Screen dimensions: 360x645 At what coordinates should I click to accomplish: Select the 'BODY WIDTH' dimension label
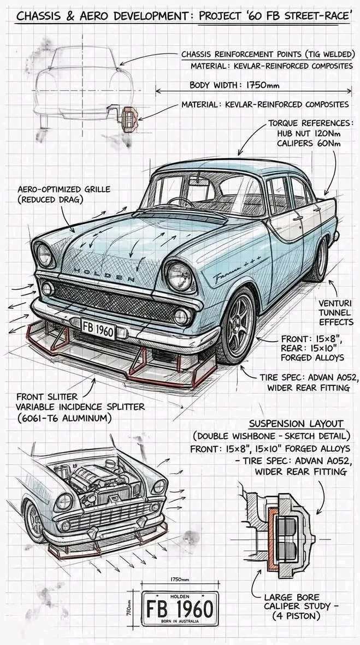click(x=213, y=85)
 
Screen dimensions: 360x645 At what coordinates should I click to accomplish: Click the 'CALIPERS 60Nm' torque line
click(x=309, y=143)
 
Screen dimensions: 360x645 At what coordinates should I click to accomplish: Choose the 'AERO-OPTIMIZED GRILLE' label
click(x=64, y=189)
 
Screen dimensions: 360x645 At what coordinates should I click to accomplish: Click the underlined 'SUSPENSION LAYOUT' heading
click(x=296, y=424)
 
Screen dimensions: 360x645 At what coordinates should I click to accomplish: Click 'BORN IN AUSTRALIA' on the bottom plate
click(x=180, y=621)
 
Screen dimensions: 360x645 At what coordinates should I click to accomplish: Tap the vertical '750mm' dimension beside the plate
click(x=129, y=608)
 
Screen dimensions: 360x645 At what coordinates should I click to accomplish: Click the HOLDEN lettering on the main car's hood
click(x=104, y=274)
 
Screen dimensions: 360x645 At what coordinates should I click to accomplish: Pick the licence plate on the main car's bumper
click(x=99, y=329)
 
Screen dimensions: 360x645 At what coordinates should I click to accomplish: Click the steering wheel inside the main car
click(x=181, y=202)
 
